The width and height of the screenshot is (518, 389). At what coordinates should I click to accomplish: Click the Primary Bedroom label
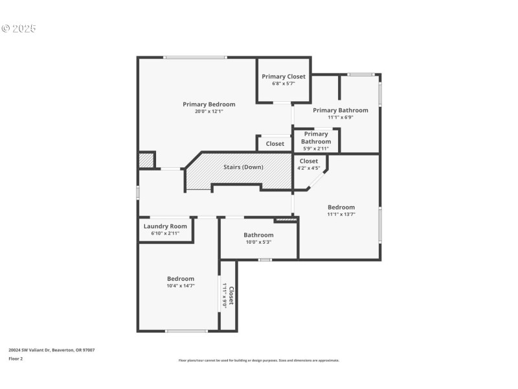pos(208,104)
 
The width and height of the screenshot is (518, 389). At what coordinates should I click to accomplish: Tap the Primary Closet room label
pos(284,77)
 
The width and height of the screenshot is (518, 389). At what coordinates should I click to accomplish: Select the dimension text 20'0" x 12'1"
pos(208,112)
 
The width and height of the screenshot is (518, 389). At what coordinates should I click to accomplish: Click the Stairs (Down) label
pos(243,167)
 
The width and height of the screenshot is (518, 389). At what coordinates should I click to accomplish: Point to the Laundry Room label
pos(165,226)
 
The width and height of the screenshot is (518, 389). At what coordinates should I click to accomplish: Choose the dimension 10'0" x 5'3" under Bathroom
pos(258,242)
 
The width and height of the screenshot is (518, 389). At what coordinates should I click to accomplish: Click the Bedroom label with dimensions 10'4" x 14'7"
pos(181,279)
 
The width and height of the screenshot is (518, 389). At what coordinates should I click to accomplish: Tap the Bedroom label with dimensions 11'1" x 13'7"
pos(341,207)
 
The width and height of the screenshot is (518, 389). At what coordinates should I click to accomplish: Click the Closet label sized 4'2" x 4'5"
pos(309,161)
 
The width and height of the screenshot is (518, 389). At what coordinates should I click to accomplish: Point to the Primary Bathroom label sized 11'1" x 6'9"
pos(340,110)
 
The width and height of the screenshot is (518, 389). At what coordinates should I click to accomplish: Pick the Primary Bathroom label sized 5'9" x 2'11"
pos(316,138)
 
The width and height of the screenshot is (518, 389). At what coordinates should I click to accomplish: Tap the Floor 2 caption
pos(16,358)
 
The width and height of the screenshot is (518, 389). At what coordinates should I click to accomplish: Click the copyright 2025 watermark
pos(19,29)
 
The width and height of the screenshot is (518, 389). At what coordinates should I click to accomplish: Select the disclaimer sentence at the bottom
pos(258,360)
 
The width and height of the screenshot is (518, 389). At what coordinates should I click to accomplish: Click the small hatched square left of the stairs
pos(146,160)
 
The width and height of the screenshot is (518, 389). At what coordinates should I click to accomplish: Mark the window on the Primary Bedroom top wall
pos(195,58)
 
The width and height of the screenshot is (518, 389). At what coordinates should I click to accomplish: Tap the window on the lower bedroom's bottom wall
pos(186,331)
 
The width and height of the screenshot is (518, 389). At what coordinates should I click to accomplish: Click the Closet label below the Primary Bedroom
pos(275,144)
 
